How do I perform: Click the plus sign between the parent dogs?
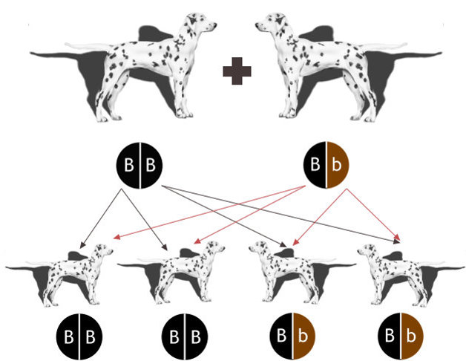(x=237, y=71)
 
